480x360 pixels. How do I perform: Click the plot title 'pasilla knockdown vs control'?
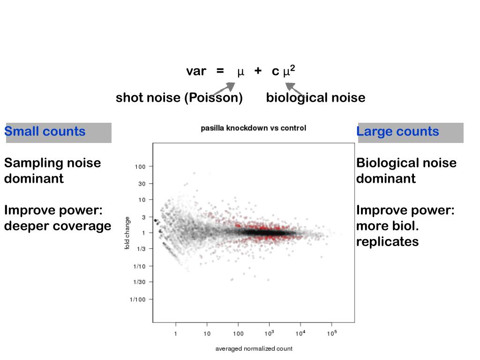pyautogui.click(x=253, y=128)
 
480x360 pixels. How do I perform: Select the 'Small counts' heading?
pyautogui.click(x=45, y=132)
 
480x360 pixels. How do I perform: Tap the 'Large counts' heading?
pyautogui.click(x=398, y=132)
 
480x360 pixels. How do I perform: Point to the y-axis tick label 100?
pyautogui.click(x=141, y=166)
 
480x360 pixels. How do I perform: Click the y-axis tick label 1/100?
pyautogui.click(x=138, y=300)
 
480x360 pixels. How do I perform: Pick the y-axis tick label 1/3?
pyautogui.click(x=141, y=249)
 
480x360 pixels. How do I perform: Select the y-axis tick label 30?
pyautogui.click(x=142, y=184)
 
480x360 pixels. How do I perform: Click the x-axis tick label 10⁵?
pyautogui.click(x=332, y=333)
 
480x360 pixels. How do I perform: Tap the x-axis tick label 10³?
pyautogui.click(x=269, y=333)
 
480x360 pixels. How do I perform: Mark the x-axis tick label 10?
pyautogui.click(x=207, y=334)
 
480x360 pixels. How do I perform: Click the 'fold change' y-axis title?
pyautogui.click(x=127, y=233)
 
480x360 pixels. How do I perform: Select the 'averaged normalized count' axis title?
pyautogui.click(x=254, y=349)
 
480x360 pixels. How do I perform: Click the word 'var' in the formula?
pyautogui.click(x=196, y=71)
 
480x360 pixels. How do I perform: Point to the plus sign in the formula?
pyautogui.click(x=258, y=71)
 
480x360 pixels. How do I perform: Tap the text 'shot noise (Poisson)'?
pyautogui.click(x=179, y=98)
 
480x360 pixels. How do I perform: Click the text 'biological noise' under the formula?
pyautogui.click(x=315, y=98)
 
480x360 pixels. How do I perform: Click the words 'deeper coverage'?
pyautogui.click(x=57, y=226)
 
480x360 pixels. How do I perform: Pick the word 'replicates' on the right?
pyautogui.click(x=387, y=242)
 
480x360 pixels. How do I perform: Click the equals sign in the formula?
pyautogui.click(x=220, y=71)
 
